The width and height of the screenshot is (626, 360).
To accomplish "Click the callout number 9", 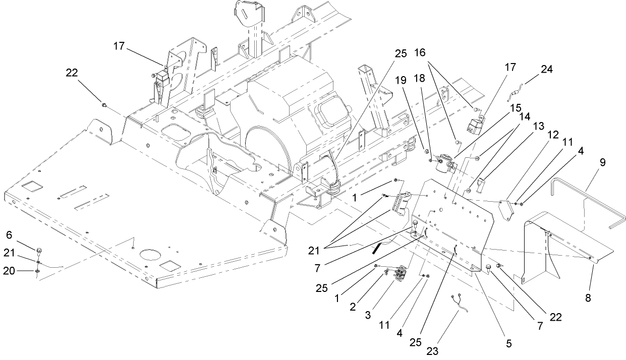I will click(x=603, y=163).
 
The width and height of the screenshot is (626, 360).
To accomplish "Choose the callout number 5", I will click(x=508, y=344).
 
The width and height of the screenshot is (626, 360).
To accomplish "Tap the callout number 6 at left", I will click(x=9, y=235).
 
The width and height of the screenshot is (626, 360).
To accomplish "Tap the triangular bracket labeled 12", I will click(x=505, y=209).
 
